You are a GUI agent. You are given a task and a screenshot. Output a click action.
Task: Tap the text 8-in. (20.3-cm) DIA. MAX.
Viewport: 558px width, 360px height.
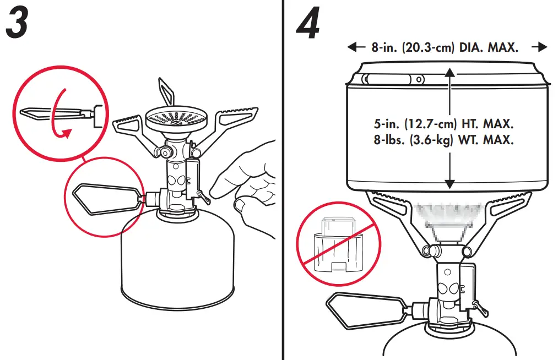coord(445,48)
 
